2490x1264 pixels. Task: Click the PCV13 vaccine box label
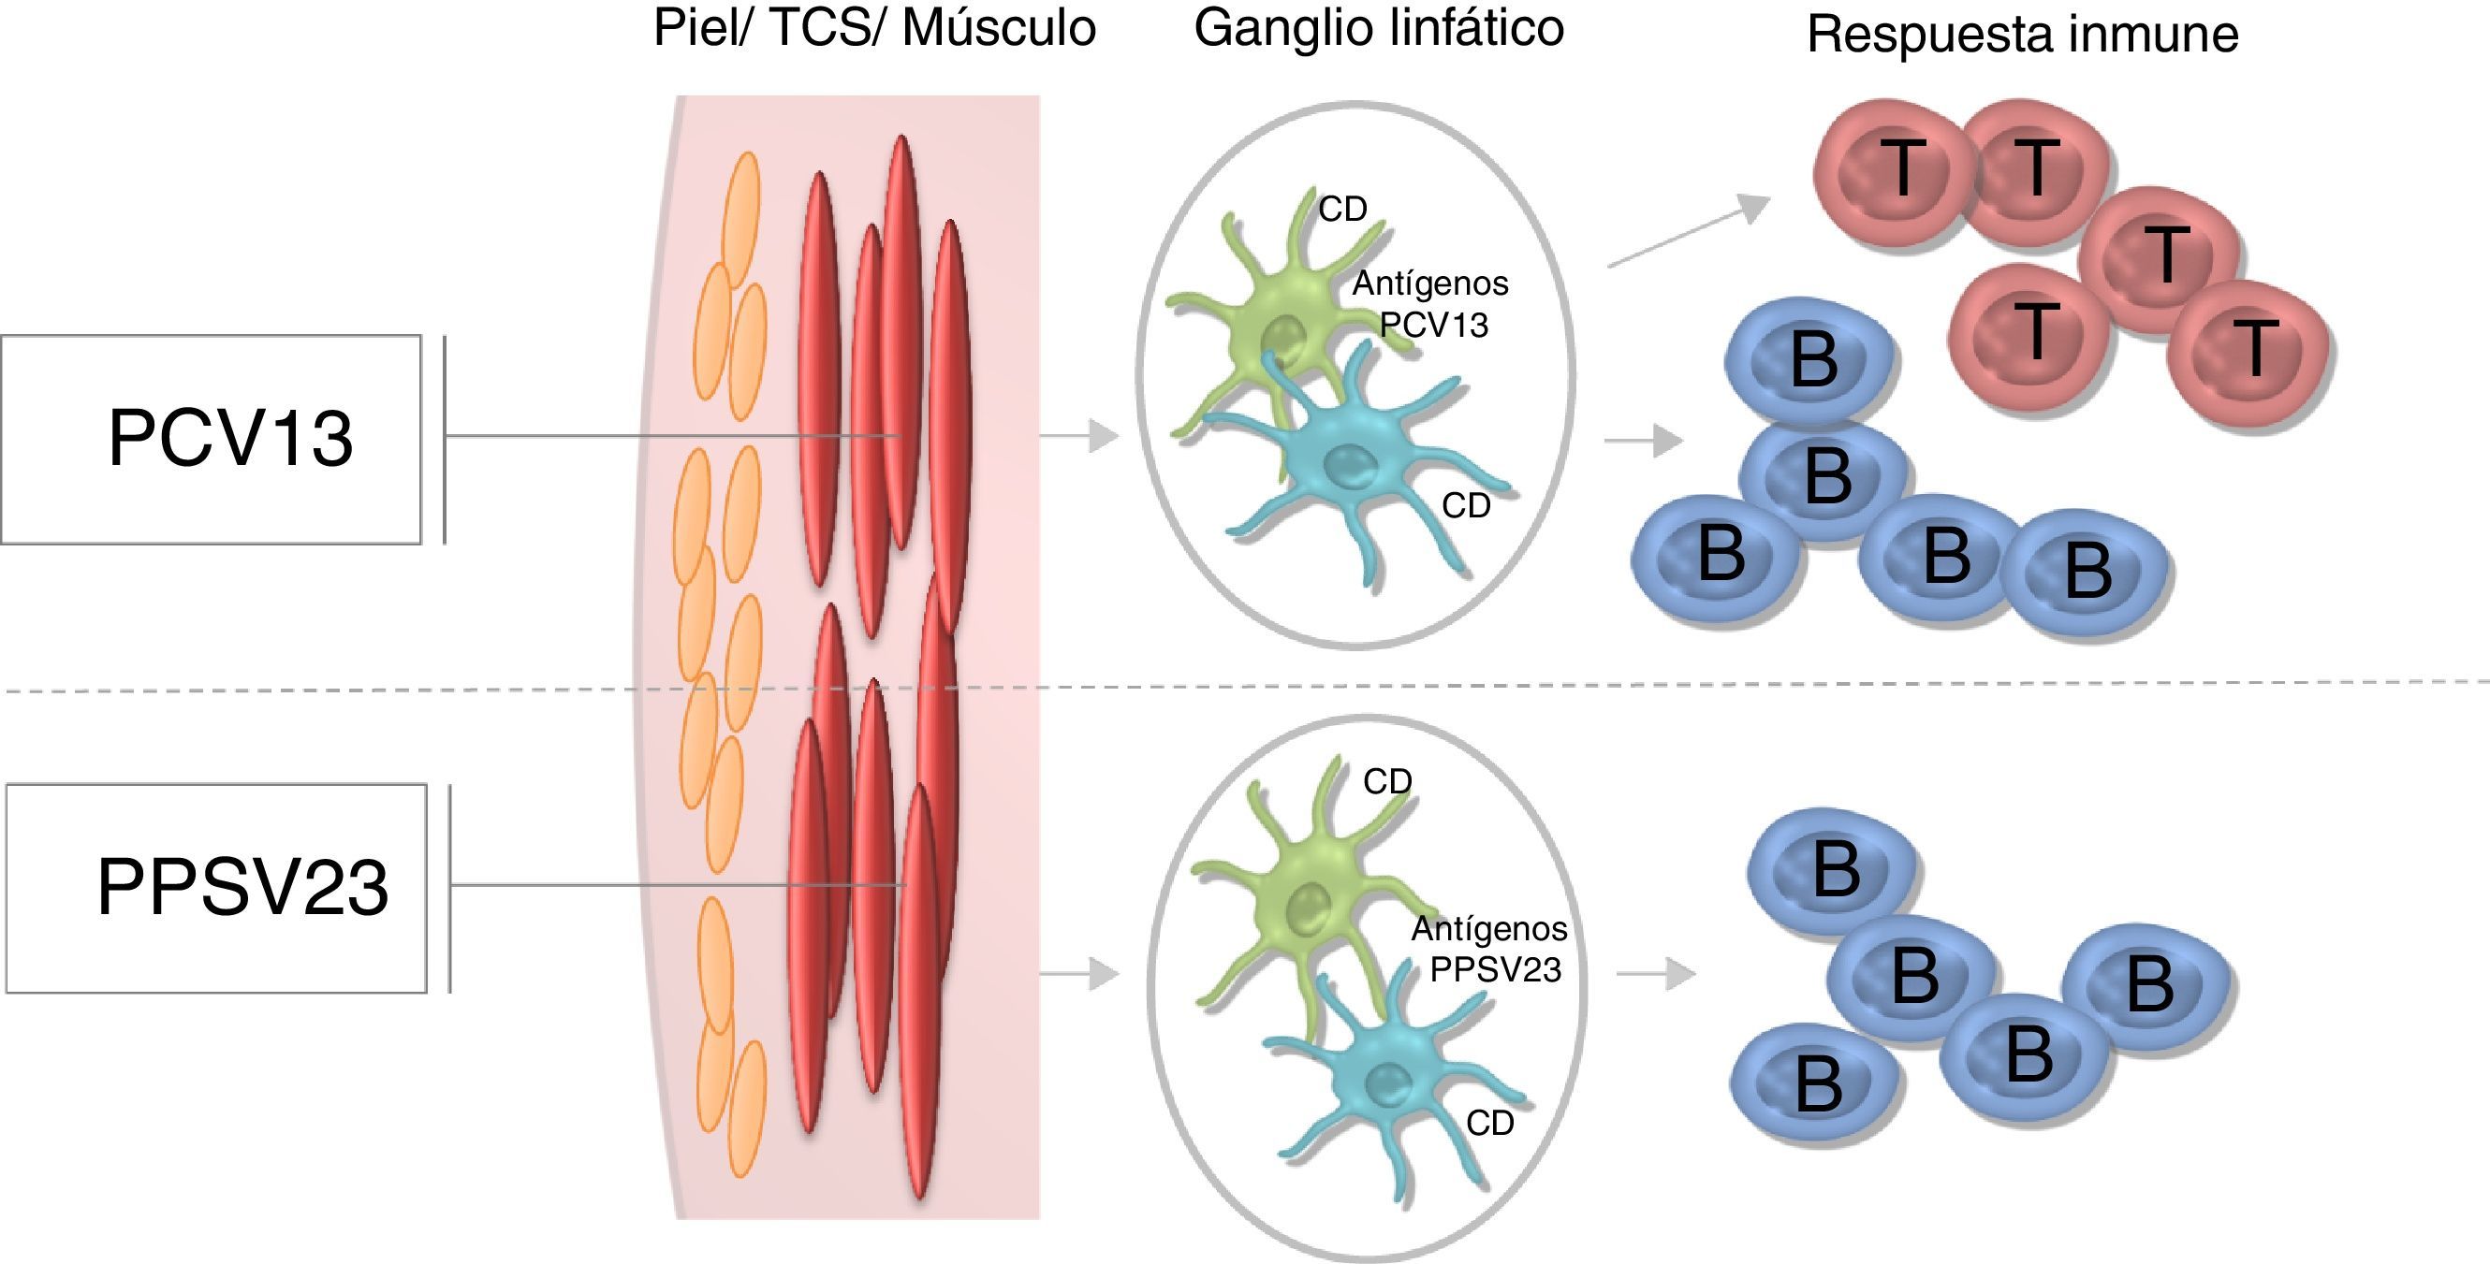(x=230, y=439)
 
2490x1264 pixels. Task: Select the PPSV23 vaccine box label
(x=242, y=887)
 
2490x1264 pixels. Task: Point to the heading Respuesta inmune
(x=2022, y=35)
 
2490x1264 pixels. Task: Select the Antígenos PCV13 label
(x=1431, y=303)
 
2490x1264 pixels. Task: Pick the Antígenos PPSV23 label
(x=1490, y=949)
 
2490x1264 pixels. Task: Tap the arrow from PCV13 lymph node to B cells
(x=1643, y=441)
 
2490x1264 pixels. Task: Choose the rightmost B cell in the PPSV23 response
(x=2147, y=986)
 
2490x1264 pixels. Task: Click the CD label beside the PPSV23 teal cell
(x=1489, y=1123)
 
